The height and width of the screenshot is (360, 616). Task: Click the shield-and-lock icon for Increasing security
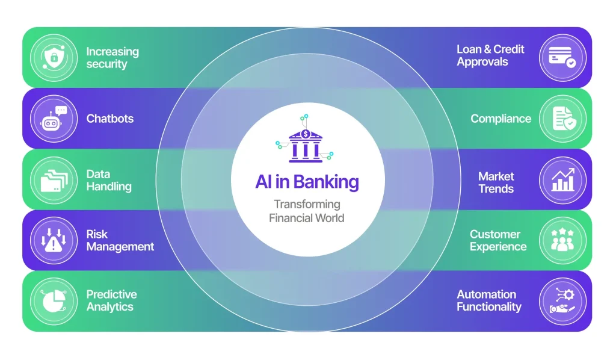[x=54, y=58]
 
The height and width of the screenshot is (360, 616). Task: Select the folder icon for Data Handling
[x=54, y=181]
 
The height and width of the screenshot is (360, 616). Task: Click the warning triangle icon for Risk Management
[x=54, y=241]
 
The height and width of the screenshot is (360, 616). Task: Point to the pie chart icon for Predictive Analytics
[x=54, y=301]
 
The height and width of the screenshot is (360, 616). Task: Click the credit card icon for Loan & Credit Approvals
[x=562, y=58]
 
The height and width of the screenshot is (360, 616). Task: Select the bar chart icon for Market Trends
[x=563, y=180]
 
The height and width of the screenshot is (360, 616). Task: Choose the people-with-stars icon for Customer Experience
[x=562, y=240]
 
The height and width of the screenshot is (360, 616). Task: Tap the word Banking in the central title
[x=325, y=182]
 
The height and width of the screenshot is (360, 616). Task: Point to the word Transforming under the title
[x=307, y=204]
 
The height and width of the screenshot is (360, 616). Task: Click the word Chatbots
[x=110, y=119]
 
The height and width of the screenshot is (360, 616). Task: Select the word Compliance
[x=501, y=119]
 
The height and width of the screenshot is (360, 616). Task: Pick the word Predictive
[x=111, y=294]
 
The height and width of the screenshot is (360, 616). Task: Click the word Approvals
[x=482, y=62]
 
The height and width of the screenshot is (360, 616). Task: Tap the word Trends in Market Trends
[x=496, y=189]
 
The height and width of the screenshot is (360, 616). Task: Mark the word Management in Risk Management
[x=120, y=247]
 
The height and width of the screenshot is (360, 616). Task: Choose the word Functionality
[x=489, y=307]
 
